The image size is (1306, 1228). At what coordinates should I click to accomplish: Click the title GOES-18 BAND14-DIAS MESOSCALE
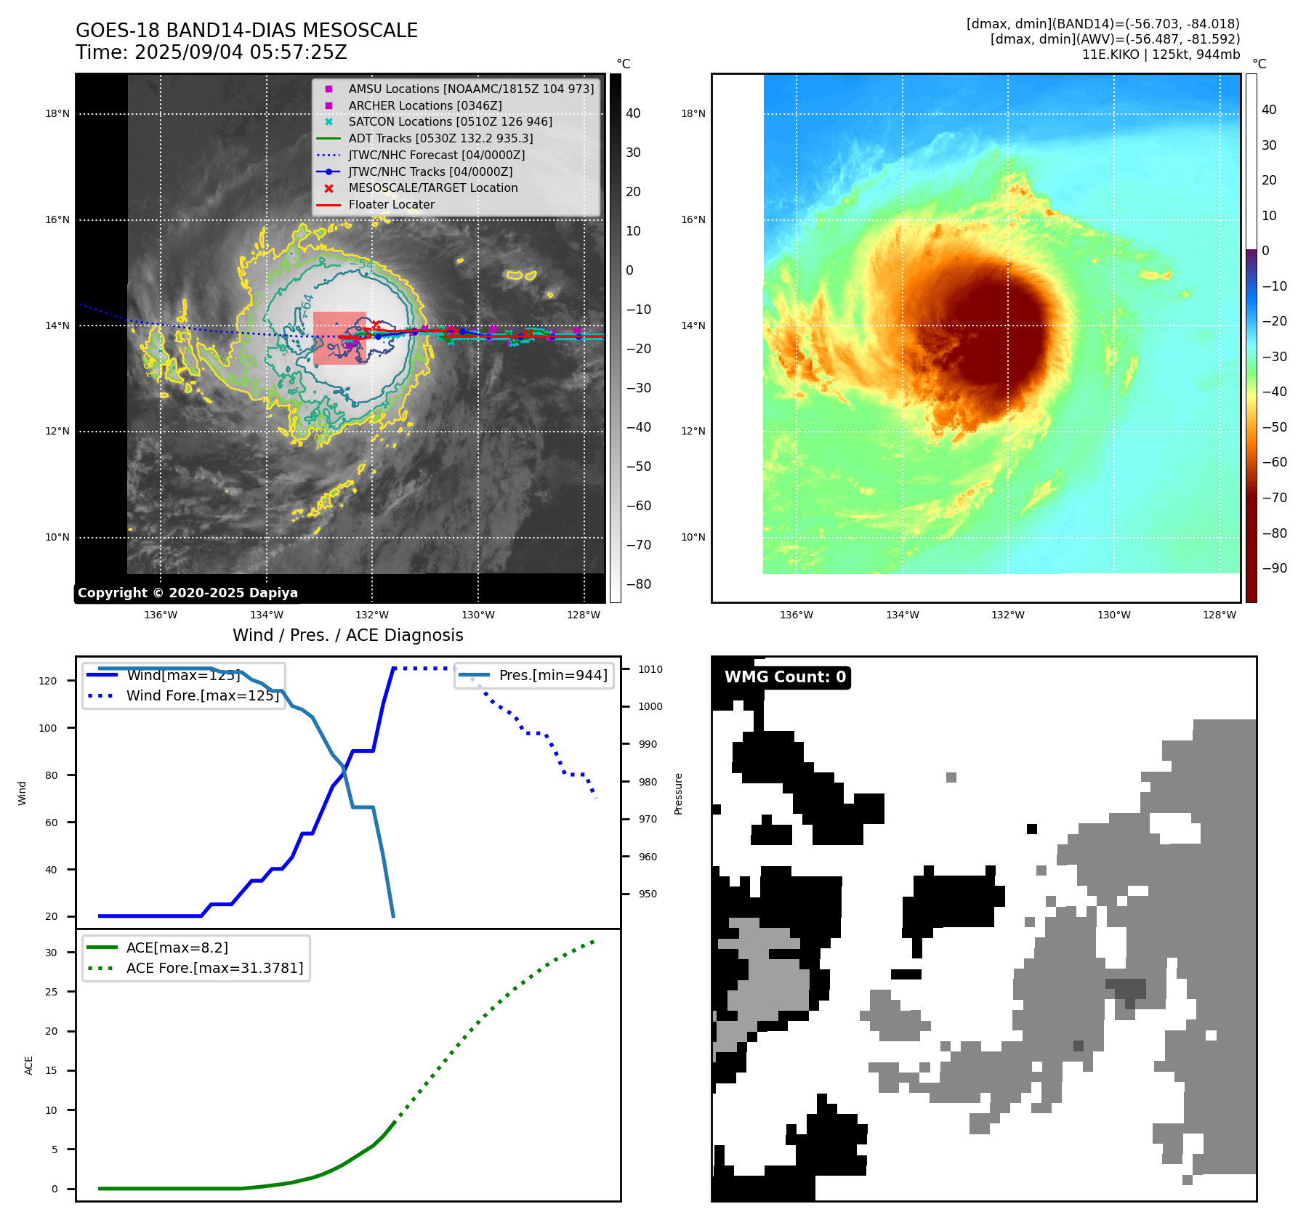tap(246, 31)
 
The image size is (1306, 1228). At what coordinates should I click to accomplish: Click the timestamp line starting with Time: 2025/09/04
tap(211, 52)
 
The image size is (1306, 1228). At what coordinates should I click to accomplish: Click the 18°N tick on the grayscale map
tap(57, 113)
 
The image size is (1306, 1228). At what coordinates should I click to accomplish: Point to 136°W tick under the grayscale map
tap(161, 615)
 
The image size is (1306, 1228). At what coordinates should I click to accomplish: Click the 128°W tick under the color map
tap(1219, 615)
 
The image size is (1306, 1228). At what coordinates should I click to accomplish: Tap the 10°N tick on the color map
tap(693, 537)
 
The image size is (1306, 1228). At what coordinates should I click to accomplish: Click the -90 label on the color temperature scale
tap(1274, 568)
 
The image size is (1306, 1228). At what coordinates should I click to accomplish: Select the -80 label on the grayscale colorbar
tap(639, 584)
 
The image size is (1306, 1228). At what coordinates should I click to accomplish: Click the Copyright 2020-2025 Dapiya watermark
tap(188, 593)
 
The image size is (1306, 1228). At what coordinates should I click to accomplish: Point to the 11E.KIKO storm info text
tap(1161, 54)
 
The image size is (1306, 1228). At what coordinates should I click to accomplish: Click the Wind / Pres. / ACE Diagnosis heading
tap(347, 635)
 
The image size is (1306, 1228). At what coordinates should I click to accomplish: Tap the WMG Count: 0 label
tap(785, 677)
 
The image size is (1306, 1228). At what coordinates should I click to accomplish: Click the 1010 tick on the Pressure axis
tap(650, 669)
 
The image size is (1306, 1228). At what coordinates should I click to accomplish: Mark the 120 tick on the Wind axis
tap(47, 681)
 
